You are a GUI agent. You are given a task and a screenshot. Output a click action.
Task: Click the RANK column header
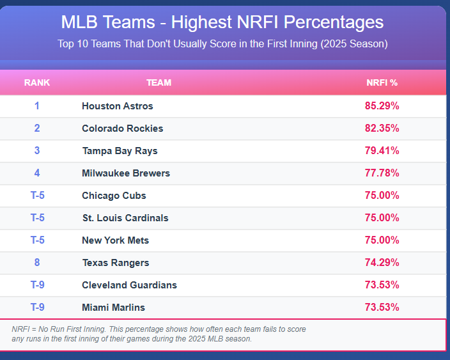(x=37, y=82)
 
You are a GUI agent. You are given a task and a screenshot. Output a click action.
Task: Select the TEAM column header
(x=159, y=82)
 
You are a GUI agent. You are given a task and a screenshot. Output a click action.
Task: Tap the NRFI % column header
(x=382, y=82)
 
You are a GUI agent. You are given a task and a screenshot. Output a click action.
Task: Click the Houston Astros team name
(x=118, y=106)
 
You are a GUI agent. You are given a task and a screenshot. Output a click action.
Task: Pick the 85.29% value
(x=382, y=106)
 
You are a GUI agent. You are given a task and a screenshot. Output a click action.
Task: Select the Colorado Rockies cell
(x=123, y=129)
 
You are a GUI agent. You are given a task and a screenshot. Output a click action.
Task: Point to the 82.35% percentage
(x=382, y=129)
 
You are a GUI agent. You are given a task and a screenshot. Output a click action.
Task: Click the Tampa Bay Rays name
(x=120, y=151)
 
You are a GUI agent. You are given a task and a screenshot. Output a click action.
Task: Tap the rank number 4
(x=37, y=173)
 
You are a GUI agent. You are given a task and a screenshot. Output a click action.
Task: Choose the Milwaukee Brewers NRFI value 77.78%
(x=382, y=173)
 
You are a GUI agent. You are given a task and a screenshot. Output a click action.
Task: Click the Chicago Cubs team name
(x=114, y=196)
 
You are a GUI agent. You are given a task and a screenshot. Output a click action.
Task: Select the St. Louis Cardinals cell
(x=125, y=218)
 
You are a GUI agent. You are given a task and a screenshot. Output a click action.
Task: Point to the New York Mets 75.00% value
(x=382, y=240)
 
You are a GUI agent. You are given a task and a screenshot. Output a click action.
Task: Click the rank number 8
(x=37, y=263)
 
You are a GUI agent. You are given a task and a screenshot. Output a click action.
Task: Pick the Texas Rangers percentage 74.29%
(x=382, y=263)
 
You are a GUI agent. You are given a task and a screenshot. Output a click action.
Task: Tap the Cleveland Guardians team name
(x=129, y=285)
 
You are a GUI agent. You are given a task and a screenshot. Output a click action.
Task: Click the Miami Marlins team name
(x=113, y=308)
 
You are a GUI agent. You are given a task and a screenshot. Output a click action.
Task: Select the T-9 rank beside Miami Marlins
(x=38, y=308)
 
